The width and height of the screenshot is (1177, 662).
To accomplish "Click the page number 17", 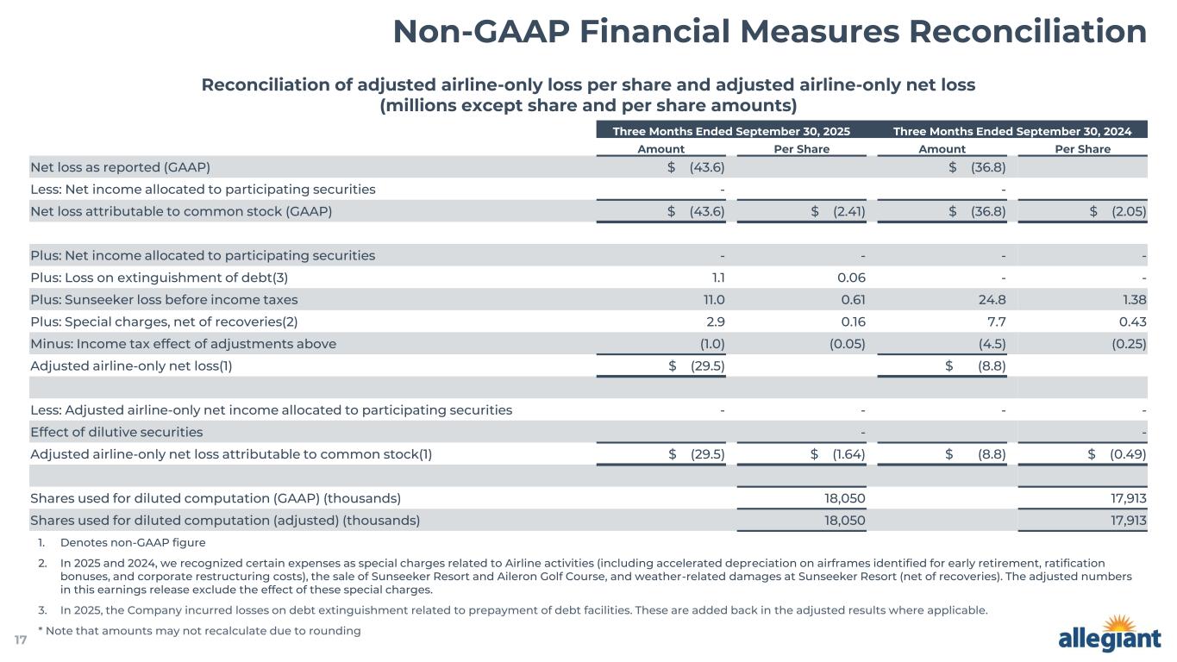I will (x=21, y=640).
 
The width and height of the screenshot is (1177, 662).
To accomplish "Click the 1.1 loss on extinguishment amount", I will (x=717, y=277).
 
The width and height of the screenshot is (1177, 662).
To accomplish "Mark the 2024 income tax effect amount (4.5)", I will (x=992, y=343).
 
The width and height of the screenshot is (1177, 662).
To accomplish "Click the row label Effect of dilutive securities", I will (x=116, y=432).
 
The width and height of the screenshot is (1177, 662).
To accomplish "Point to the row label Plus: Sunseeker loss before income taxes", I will (x=164, y=299).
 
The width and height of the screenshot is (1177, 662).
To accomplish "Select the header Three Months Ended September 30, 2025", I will (x=731, y=131).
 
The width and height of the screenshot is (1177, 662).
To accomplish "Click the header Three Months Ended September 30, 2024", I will (x=1011, y=131).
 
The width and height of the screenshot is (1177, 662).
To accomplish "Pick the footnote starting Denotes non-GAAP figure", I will (x=133, y=543).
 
